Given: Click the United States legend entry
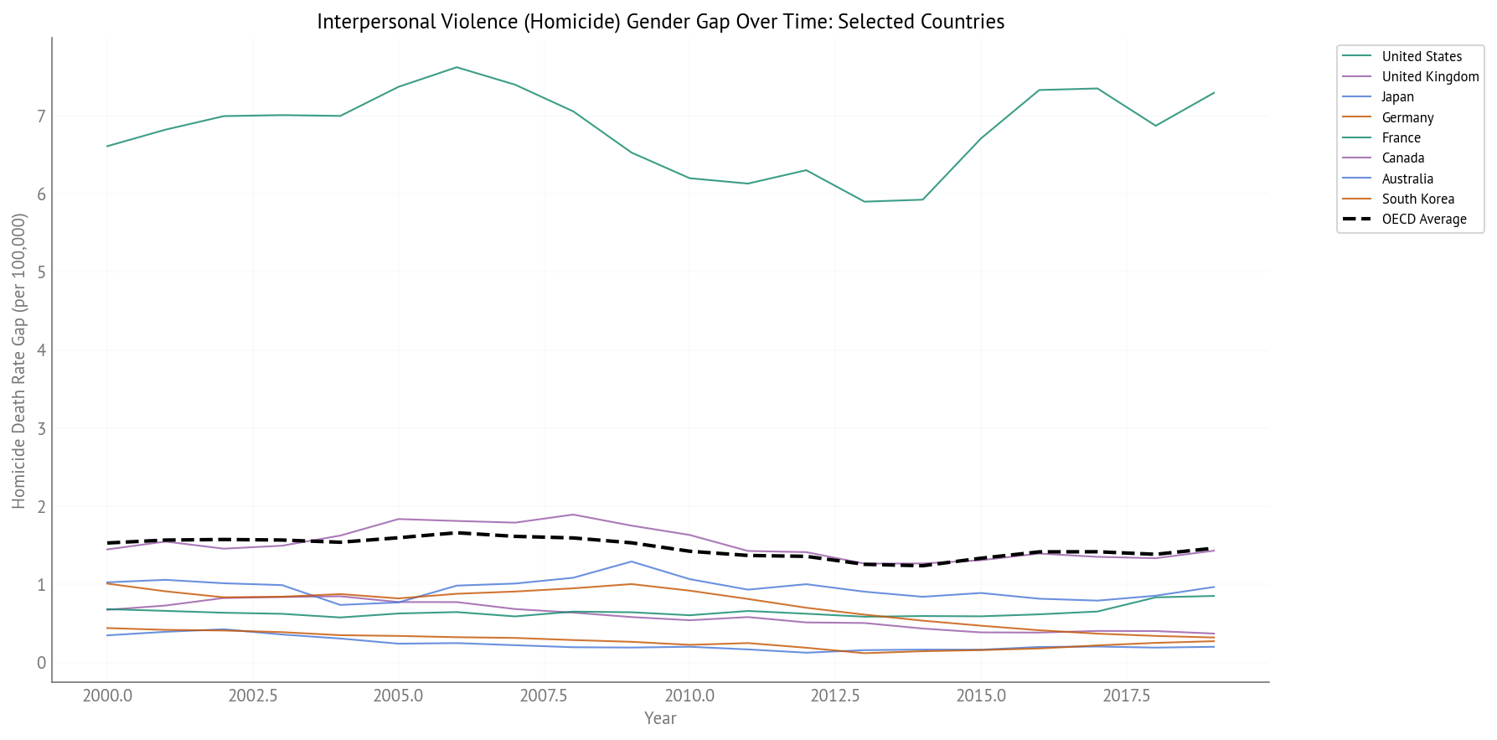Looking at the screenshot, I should [1421, 56].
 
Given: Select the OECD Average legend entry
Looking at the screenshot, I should [1423, 219].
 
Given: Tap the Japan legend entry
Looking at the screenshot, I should [1397, 96].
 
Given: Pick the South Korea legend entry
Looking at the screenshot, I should [1417, 199].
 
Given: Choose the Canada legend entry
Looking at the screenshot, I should [1402, 158].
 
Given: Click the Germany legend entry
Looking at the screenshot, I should [1407, 117].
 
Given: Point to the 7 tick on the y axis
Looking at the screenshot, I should [40, 116].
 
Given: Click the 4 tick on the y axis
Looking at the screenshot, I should [40, 350].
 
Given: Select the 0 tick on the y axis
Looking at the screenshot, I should [40, 663].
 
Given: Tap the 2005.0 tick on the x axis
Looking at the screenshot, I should [398, 696].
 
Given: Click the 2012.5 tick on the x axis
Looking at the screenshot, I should [835, 696].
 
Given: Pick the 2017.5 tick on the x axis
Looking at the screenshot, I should [1126, 696].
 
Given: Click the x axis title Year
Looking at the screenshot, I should [660, 718].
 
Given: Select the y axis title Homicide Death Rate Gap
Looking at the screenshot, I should [19, 360].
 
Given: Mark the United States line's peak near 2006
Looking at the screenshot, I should [457, 67].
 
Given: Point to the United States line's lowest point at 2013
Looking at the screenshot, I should [865, 201].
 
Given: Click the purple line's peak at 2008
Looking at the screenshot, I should [573, 515].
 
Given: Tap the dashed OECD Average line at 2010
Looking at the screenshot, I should [689, 551].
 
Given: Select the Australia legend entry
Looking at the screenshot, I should [1407, 179].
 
